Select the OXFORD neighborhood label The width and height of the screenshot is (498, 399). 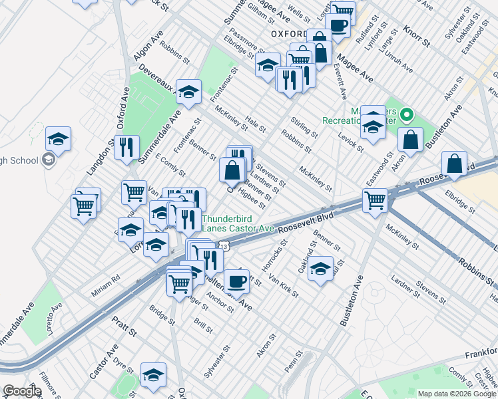(x=289, y=34)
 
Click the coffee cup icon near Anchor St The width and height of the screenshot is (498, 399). (x=236, y=280)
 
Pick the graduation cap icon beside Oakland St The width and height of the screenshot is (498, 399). (x=320, y=267)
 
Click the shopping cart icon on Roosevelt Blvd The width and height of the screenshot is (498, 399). (x=375, y=198)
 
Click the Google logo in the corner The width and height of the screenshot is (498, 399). (x=22, y=391)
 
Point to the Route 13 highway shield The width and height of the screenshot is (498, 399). (x=224, y=247)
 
